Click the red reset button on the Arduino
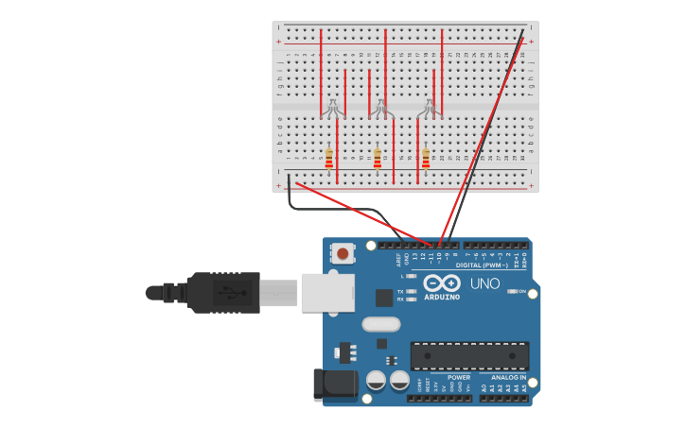click(x=342, y=253)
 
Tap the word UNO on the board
click(x=484, y=282)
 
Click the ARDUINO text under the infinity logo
click(x=442, y=297)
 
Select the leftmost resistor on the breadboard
click(x=328, y=158)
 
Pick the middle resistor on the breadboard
click(x=377, y=158)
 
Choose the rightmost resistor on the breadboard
click(x=426, y=158)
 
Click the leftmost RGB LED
click(x=332, y=109)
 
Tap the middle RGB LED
click(x=381, y=109)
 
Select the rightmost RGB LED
click(x=430, y=109)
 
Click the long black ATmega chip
click(x=469, y=356)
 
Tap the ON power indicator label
click(x=521, y=291)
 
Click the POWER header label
click(x=459, y=377)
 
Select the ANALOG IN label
click(x=508, y=377)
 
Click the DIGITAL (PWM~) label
click(x=483, y=265)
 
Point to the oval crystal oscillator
click(x=380, y=324)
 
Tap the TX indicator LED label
click(x=400, y=291)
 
